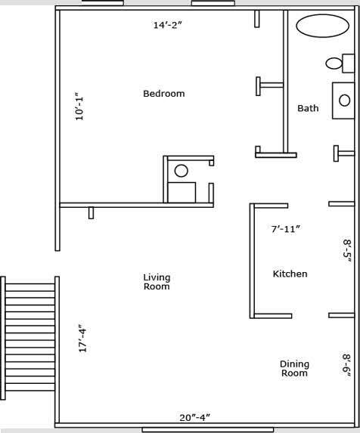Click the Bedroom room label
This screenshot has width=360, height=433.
click(x=164, y=94)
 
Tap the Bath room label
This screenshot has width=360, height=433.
click(x=308, y=108)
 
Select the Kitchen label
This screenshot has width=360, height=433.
click(x=290, y=274)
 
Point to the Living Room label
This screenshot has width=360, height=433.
click(x=157, y=282)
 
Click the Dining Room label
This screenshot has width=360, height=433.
click(x=294, y=368)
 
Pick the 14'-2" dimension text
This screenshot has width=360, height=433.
click(x=168, y=25)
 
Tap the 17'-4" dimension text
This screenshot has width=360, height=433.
click(x=82, y=338)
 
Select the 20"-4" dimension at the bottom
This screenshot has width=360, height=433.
click(x=194, y=416)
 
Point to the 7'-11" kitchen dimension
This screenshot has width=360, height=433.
click(x=286, y=228)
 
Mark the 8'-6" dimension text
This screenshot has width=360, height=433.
click(x=347, y=365)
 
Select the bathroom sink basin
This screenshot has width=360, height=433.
click(x=345, y=100)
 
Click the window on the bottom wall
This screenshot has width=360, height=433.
click(x=186, y=429)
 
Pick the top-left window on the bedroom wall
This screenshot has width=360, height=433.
click(x=102, y=3)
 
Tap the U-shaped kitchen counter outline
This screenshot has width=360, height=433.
click(x=253, y=260)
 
